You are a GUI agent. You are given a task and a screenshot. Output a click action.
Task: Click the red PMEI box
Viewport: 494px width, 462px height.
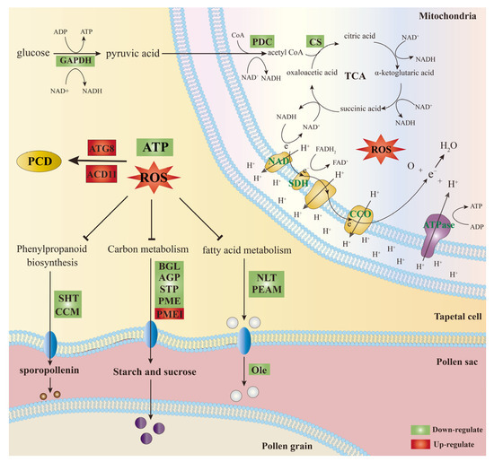(x=167, y=314)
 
